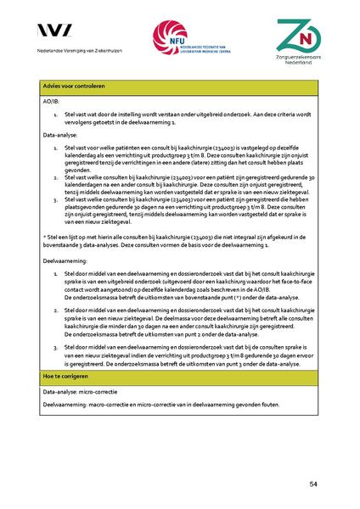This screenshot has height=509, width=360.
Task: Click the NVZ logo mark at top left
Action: coord(53,31)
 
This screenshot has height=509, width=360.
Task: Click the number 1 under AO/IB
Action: coord(54,111)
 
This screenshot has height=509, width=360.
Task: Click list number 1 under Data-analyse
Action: coord(54,147)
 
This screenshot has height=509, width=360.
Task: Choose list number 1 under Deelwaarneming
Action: coord(54,276)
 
